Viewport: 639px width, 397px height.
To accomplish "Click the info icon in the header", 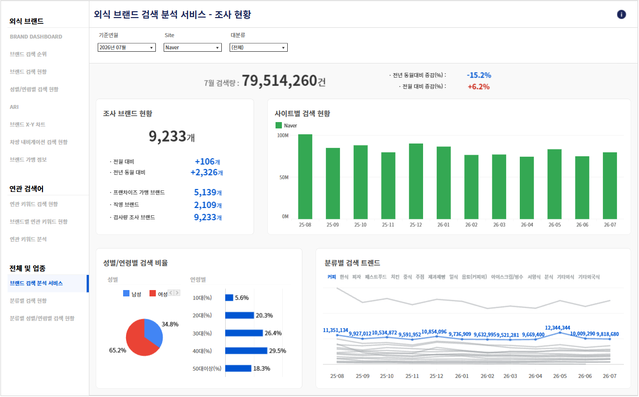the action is point(621,14).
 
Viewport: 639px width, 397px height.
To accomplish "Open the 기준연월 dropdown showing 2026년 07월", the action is point(127,47).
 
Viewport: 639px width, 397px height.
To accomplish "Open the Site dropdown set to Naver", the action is point(192,47).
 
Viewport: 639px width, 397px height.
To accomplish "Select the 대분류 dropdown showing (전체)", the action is point(258,47).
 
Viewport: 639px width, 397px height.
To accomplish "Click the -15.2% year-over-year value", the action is point(479,75).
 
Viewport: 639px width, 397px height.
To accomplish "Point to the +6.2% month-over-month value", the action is point(479,87).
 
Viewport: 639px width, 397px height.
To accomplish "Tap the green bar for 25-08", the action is point(305,177).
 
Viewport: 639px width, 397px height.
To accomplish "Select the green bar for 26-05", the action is point(554,184).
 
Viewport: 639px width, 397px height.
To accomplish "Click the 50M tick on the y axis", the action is point(284,177).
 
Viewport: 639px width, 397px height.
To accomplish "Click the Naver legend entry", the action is point(286,125).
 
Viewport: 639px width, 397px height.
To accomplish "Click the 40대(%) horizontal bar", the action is point(246,351).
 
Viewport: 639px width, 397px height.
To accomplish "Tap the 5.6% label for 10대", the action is point(242,298).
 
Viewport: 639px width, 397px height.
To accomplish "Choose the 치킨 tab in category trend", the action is point(395,277).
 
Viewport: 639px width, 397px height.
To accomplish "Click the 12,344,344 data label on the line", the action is point(557,328).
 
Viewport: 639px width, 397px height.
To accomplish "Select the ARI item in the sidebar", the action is point(14,107).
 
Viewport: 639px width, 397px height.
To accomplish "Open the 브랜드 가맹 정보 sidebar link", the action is point(28,159).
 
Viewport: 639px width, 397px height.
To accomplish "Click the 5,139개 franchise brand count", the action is point(208,192).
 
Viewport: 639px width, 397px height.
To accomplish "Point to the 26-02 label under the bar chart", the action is point(471,225).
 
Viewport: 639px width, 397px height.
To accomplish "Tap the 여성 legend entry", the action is point(159,294).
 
